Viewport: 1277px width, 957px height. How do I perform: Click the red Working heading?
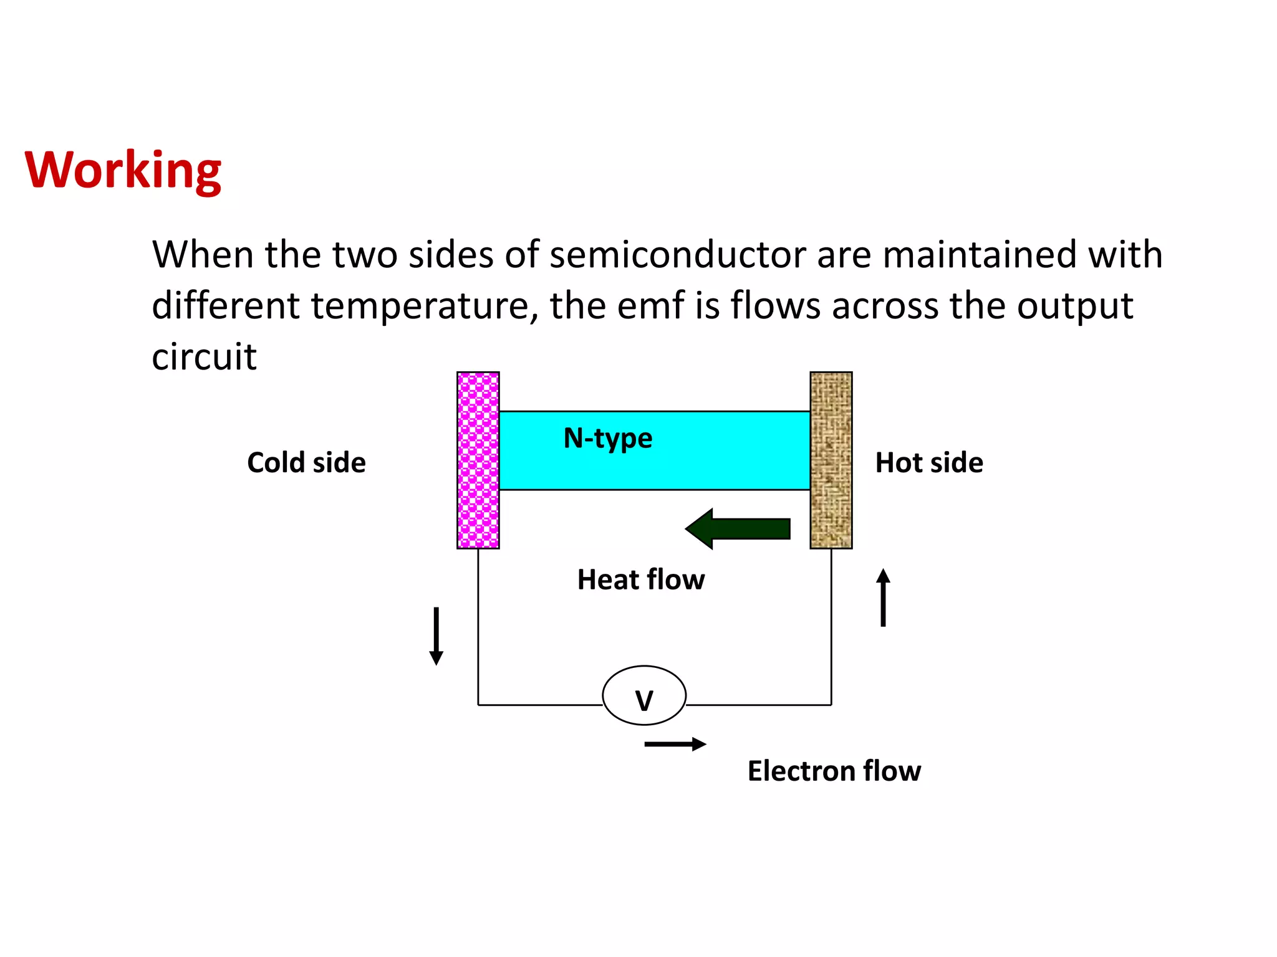[x=123, y=170]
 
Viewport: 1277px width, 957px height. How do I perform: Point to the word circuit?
[x=204, y=357]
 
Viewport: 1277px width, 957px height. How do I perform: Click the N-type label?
[x=608, y=439]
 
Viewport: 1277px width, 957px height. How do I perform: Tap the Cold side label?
[x=306, y=463]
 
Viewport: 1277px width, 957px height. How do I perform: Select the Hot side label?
[x=929, y=463]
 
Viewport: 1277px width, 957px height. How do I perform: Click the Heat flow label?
[x=641, y=580]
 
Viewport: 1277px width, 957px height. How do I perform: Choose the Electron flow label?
[x=834, y=771]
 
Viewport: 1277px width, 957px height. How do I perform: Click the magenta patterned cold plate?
[x=478, y=460]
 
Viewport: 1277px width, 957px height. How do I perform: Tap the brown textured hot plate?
[x=831, y=460]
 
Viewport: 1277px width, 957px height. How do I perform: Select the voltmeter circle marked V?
[x=644, y=695]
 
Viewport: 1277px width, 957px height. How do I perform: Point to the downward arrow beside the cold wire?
[x=436, y=636]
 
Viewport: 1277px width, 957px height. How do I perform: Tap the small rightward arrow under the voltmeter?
[x=675, y=744]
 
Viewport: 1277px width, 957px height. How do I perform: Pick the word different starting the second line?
[x=226, y=306]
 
